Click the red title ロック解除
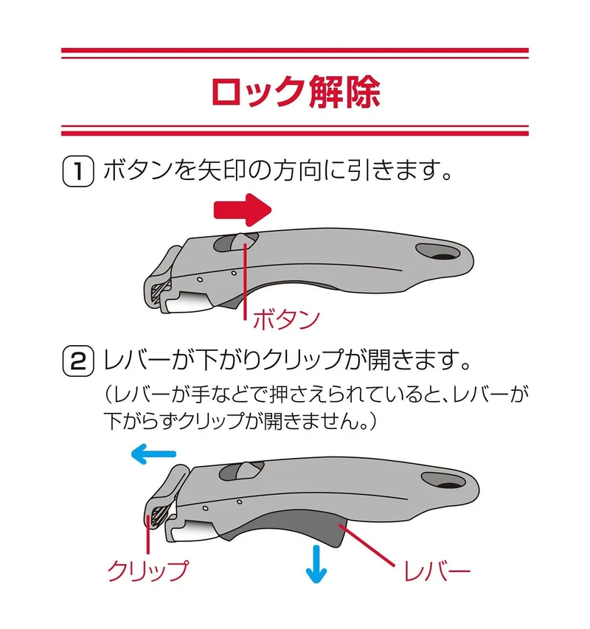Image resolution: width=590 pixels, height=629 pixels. [x=295, y=92]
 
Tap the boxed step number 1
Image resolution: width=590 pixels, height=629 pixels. [x=78, y=172]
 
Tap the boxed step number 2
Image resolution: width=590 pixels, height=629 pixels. [x=78, y=361]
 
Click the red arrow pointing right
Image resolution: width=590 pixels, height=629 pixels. [x=243, y=210]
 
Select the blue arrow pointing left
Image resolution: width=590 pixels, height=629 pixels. [x=153, y=454]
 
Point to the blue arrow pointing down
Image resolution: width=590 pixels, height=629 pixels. [x=316, y=564]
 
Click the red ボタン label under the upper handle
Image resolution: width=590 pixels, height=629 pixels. [x=286, y=320]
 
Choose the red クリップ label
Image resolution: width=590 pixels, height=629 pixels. [x=147, y=570]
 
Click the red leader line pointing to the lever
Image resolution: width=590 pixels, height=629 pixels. [x=367, y=544]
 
